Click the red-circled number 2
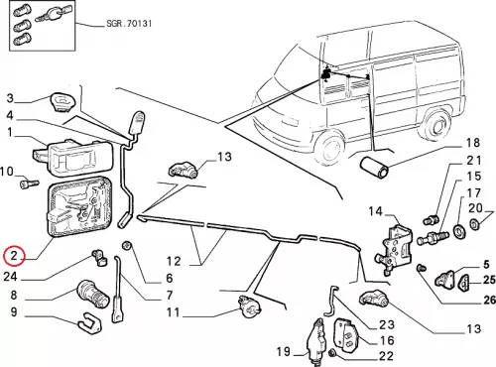coord(14,256)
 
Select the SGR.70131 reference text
coord(129,24)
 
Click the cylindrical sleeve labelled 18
coord(374,168)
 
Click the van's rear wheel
coord(437,125)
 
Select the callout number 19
coord(284,351)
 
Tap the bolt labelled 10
coord(30,183)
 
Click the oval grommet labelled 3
coord(62,102)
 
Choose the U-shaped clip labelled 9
coord(90,321)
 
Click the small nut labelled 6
coord(127,246)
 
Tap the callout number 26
coord(489,300)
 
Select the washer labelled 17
coord(458,231)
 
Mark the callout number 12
coord(174,261)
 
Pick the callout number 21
coord(474,161)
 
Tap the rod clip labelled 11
coord(250,306)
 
